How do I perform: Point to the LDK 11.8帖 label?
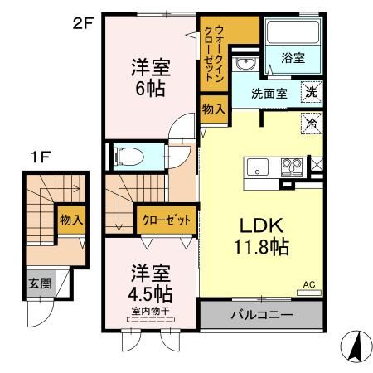click(262, 237)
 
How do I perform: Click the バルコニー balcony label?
click(260, 316)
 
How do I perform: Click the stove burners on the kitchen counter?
click(292, 163)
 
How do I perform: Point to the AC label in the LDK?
click(309, 284)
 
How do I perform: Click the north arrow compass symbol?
click(355, 344)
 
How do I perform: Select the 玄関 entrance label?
click(39, 283)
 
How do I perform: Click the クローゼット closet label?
click(166, 220)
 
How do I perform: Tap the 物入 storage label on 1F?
click(70, 220)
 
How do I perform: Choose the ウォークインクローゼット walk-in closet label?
click(218, 51)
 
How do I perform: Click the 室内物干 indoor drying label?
click(150, 312)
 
